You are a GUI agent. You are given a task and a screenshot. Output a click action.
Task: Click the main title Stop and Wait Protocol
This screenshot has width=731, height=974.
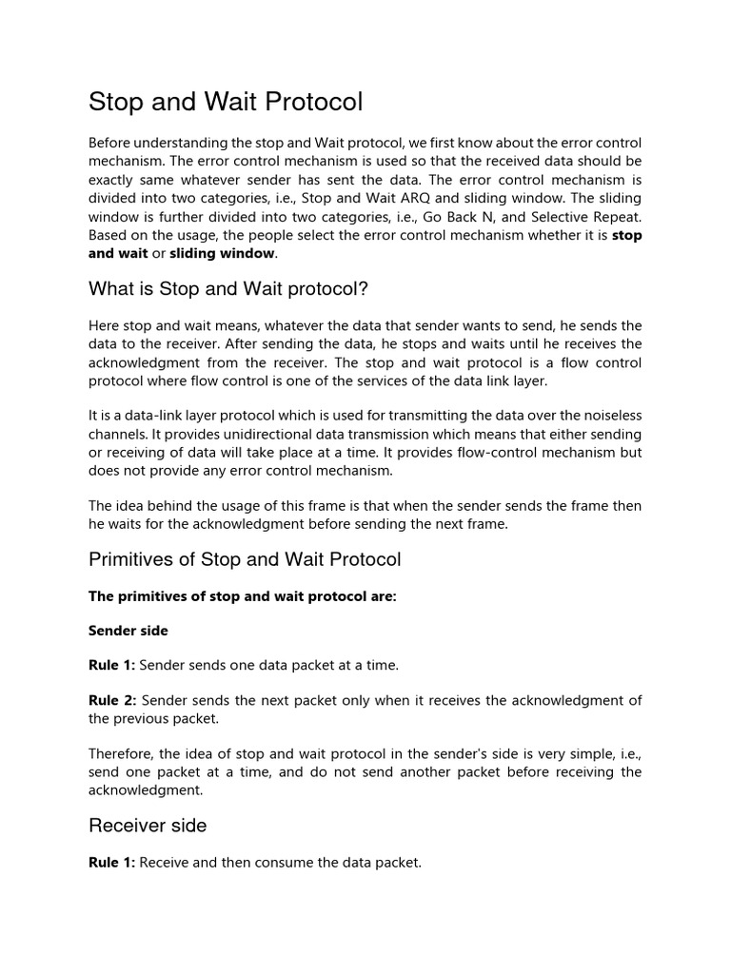coord(226,102)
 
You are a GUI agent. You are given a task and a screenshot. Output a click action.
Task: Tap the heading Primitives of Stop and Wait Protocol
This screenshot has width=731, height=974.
coord(245,559)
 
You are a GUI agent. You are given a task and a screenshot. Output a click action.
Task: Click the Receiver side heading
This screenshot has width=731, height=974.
coord(148,826)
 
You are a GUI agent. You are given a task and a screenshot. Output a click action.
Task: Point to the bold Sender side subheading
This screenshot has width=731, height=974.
coord(128,630)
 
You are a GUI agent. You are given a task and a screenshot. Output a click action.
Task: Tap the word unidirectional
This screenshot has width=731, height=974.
coord(216,434)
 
